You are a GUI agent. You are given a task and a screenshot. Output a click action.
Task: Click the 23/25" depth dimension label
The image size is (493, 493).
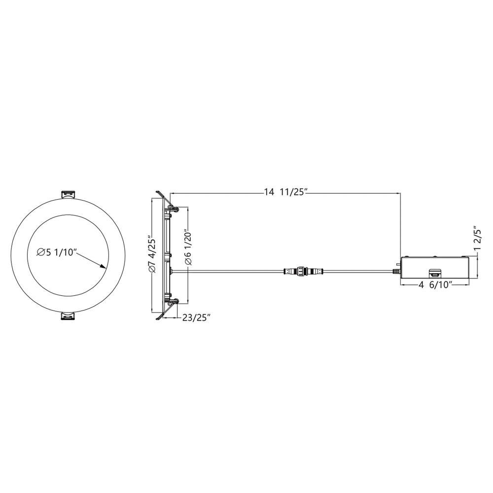pyautogui.click(x=196, y=318)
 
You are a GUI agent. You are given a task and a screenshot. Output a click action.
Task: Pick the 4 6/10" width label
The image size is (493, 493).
pyautogui.click(x=435, y=285)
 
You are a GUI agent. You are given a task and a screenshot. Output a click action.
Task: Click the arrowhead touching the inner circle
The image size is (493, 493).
pyautogui.click(x=102, y=266)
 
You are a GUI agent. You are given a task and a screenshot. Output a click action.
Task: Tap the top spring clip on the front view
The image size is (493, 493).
pyautogui.click(x=68, y=194)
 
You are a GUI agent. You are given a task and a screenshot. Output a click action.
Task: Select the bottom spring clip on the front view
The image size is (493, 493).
pyautogui.click(x=68, y=317)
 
